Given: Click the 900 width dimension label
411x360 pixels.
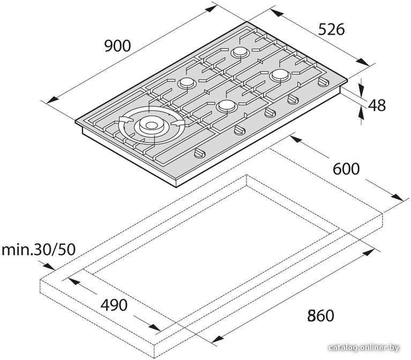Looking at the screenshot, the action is pyautogui.click(x=117, y=46).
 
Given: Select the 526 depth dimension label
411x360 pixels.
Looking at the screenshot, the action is pyautogui.click(x=331, y=29).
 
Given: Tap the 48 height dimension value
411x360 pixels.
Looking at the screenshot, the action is pyautogui.click(x=377, y=105).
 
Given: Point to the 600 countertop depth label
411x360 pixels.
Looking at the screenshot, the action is pyautogui.click(x=346, y=169).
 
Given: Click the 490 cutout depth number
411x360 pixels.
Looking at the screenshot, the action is pyautogui.click(x=114, y=305).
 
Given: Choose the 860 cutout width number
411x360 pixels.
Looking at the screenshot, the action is pyautogui.click(x=321, y=316).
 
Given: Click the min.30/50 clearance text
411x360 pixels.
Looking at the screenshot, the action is pyautogui.click(x=39, y=250).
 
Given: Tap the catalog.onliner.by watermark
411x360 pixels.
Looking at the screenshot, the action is pyautogui.click(x=364, y=348).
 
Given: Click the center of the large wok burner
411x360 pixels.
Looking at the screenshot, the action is pyautogui.click(x=151, y=125).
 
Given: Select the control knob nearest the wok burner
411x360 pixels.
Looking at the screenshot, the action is pyautogui.click(x=200, y=153).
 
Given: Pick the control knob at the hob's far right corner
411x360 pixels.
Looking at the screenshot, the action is pyautogui.click(x=323, y=82).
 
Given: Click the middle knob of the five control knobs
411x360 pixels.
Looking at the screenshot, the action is pyautogui.click(x=270, y=112).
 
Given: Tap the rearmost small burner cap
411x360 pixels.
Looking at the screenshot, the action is pyautogui.click(x=240, y=52).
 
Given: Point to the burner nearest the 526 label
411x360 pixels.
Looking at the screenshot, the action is pyautogui.click(x=280, y=75).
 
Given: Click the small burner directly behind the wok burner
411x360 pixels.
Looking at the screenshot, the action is pyautogui.click(x=187, y=84).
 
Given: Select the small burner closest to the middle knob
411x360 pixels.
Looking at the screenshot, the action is pyautogui.click(x=227, y=106).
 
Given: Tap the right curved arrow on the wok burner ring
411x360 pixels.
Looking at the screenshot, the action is pyautogui.click(x=177, y=123).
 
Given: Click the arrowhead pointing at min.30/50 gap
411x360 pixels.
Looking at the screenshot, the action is pyautogui.click(x=49, y=266).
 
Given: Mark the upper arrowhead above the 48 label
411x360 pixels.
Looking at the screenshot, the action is pyautogui.click(x=361, y=91).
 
